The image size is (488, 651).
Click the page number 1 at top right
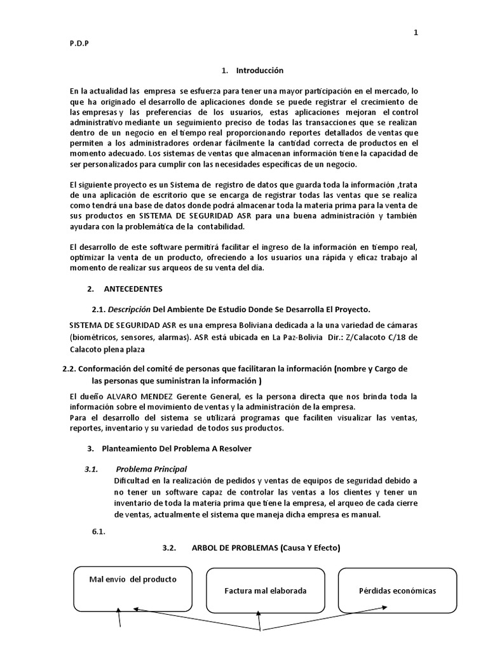pos(416,33)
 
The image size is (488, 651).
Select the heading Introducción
pos(259,71)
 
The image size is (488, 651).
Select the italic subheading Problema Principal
pos(151,469)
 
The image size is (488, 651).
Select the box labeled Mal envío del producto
pos(133,587)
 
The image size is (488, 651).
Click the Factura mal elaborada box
pos(266,591)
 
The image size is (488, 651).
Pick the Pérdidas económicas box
pos(397,591)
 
